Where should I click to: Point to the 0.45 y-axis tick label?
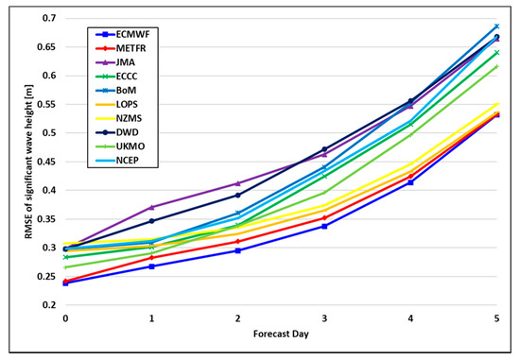tap(44, 162)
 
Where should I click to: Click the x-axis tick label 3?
tap(324, 319)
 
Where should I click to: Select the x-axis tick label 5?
tap(497, 319)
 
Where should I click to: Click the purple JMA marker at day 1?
tap(152, 207)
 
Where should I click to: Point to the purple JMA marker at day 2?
tap(238, 183)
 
